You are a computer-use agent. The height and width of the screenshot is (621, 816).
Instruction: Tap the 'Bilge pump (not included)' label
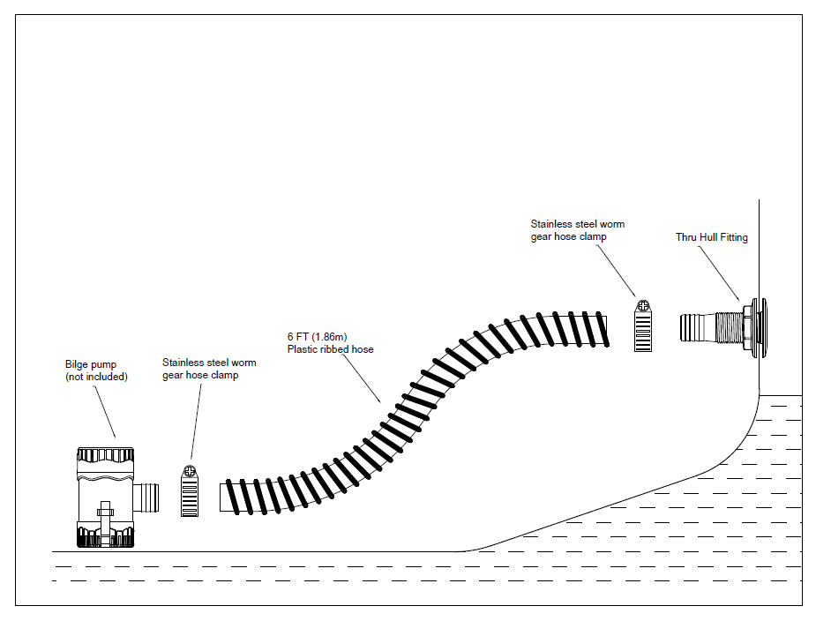coord(96,370)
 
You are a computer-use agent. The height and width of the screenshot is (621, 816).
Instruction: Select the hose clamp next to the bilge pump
coord(190,490)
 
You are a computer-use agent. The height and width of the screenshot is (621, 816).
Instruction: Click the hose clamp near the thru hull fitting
coord(643,325)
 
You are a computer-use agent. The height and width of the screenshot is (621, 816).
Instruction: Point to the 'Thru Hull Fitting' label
coord(711,237)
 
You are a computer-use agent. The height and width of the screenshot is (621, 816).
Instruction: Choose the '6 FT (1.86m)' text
coord(317,337)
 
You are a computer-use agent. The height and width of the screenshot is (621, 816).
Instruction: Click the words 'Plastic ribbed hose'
coord(331,349)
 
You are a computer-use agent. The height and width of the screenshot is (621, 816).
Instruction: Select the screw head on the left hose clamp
coord(190,472)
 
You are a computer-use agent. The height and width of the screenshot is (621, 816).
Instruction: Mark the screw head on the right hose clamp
coord(643,306)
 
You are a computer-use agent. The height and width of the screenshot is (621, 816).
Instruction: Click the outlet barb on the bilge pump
coord(146,498)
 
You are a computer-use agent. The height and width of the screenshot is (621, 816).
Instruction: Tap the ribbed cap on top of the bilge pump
coord(105,455)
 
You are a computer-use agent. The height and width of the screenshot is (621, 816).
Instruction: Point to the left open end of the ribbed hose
coord(221,498)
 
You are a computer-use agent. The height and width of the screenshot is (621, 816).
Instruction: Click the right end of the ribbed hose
coord(606,331)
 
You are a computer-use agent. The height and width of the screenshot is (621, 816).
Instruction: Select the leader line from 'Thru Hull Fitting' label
coord(719,273)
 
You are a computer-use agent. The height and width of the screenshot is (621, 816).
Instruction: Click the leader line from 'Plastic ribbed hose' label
coord(361,378)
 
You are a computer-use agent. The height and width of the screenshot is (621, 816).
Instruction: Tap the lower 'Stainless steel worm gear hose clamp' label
coord(209,369)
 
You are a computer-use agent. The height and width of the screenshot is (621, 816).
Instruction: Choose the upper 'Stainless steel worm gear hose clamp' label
coord(577,230)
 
